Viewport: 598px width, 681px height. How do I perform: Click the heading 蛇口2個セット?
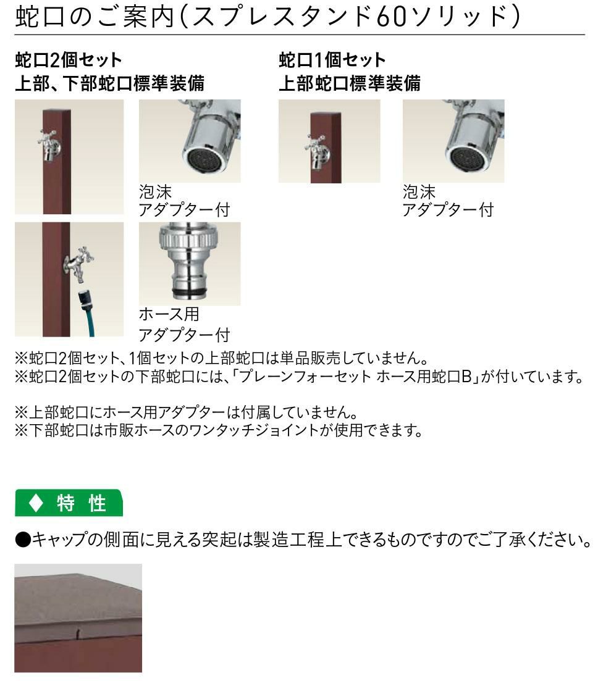(x=68, y=60)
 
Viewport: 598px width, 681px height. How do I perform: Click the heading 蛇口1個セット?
(x=332, y=60)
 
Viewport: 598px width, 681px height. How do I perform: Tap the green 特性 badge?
(x=69, y=503)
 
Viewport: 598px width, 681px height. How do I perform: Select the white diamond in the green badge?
(x=36, y=503)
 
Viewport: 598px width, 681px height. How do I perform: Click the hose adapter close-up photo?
(x=190, y=264)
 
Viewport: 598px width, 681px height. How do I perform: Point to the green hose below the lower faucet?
(x=87, y=312)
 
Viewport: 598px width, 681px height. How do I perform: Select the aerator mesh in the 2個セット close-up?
(x=204, y=161)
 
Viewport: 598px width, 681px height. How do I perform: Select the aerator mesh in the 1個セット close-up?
(x=468, y=161)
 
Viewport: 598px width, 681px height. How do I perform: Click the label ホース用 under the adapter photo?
(x=169, y=314)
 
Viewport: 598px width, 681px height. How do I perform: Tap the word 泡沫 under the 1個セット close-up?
(x=419, y=191)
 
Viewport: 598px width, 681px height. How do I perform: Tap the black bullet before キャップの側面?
(x=23, y=540)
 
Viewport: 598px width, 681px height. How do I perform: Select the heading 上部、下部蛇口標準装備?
(x=109, y=83)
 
